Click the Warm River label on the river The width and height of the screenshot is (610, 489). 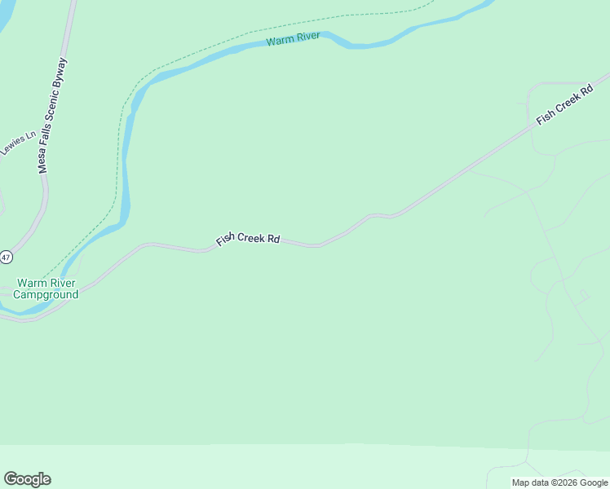(x=293, y=38)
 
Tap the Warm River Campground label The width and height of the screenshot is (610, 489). (x=47, y=289)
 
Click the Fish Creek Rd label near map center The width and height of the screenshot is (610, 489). (x=248, y=240)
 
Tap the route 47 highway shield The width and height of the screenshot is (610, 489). (x=6, y=257)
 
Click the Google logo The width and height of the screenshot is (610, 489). (x=27, y=479)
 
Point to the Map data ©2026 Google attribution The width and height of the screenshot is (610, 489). (x=559, y=482)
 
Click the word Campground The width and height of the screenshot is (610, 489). (x=47, y=294)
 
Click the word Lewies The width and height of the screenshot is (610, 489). (x=11, y=148)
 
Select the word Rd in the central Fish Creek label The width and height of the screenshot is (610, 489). (x=273, y=240)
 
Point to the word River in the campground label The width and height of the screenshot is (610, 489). (x=60, y=283)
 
